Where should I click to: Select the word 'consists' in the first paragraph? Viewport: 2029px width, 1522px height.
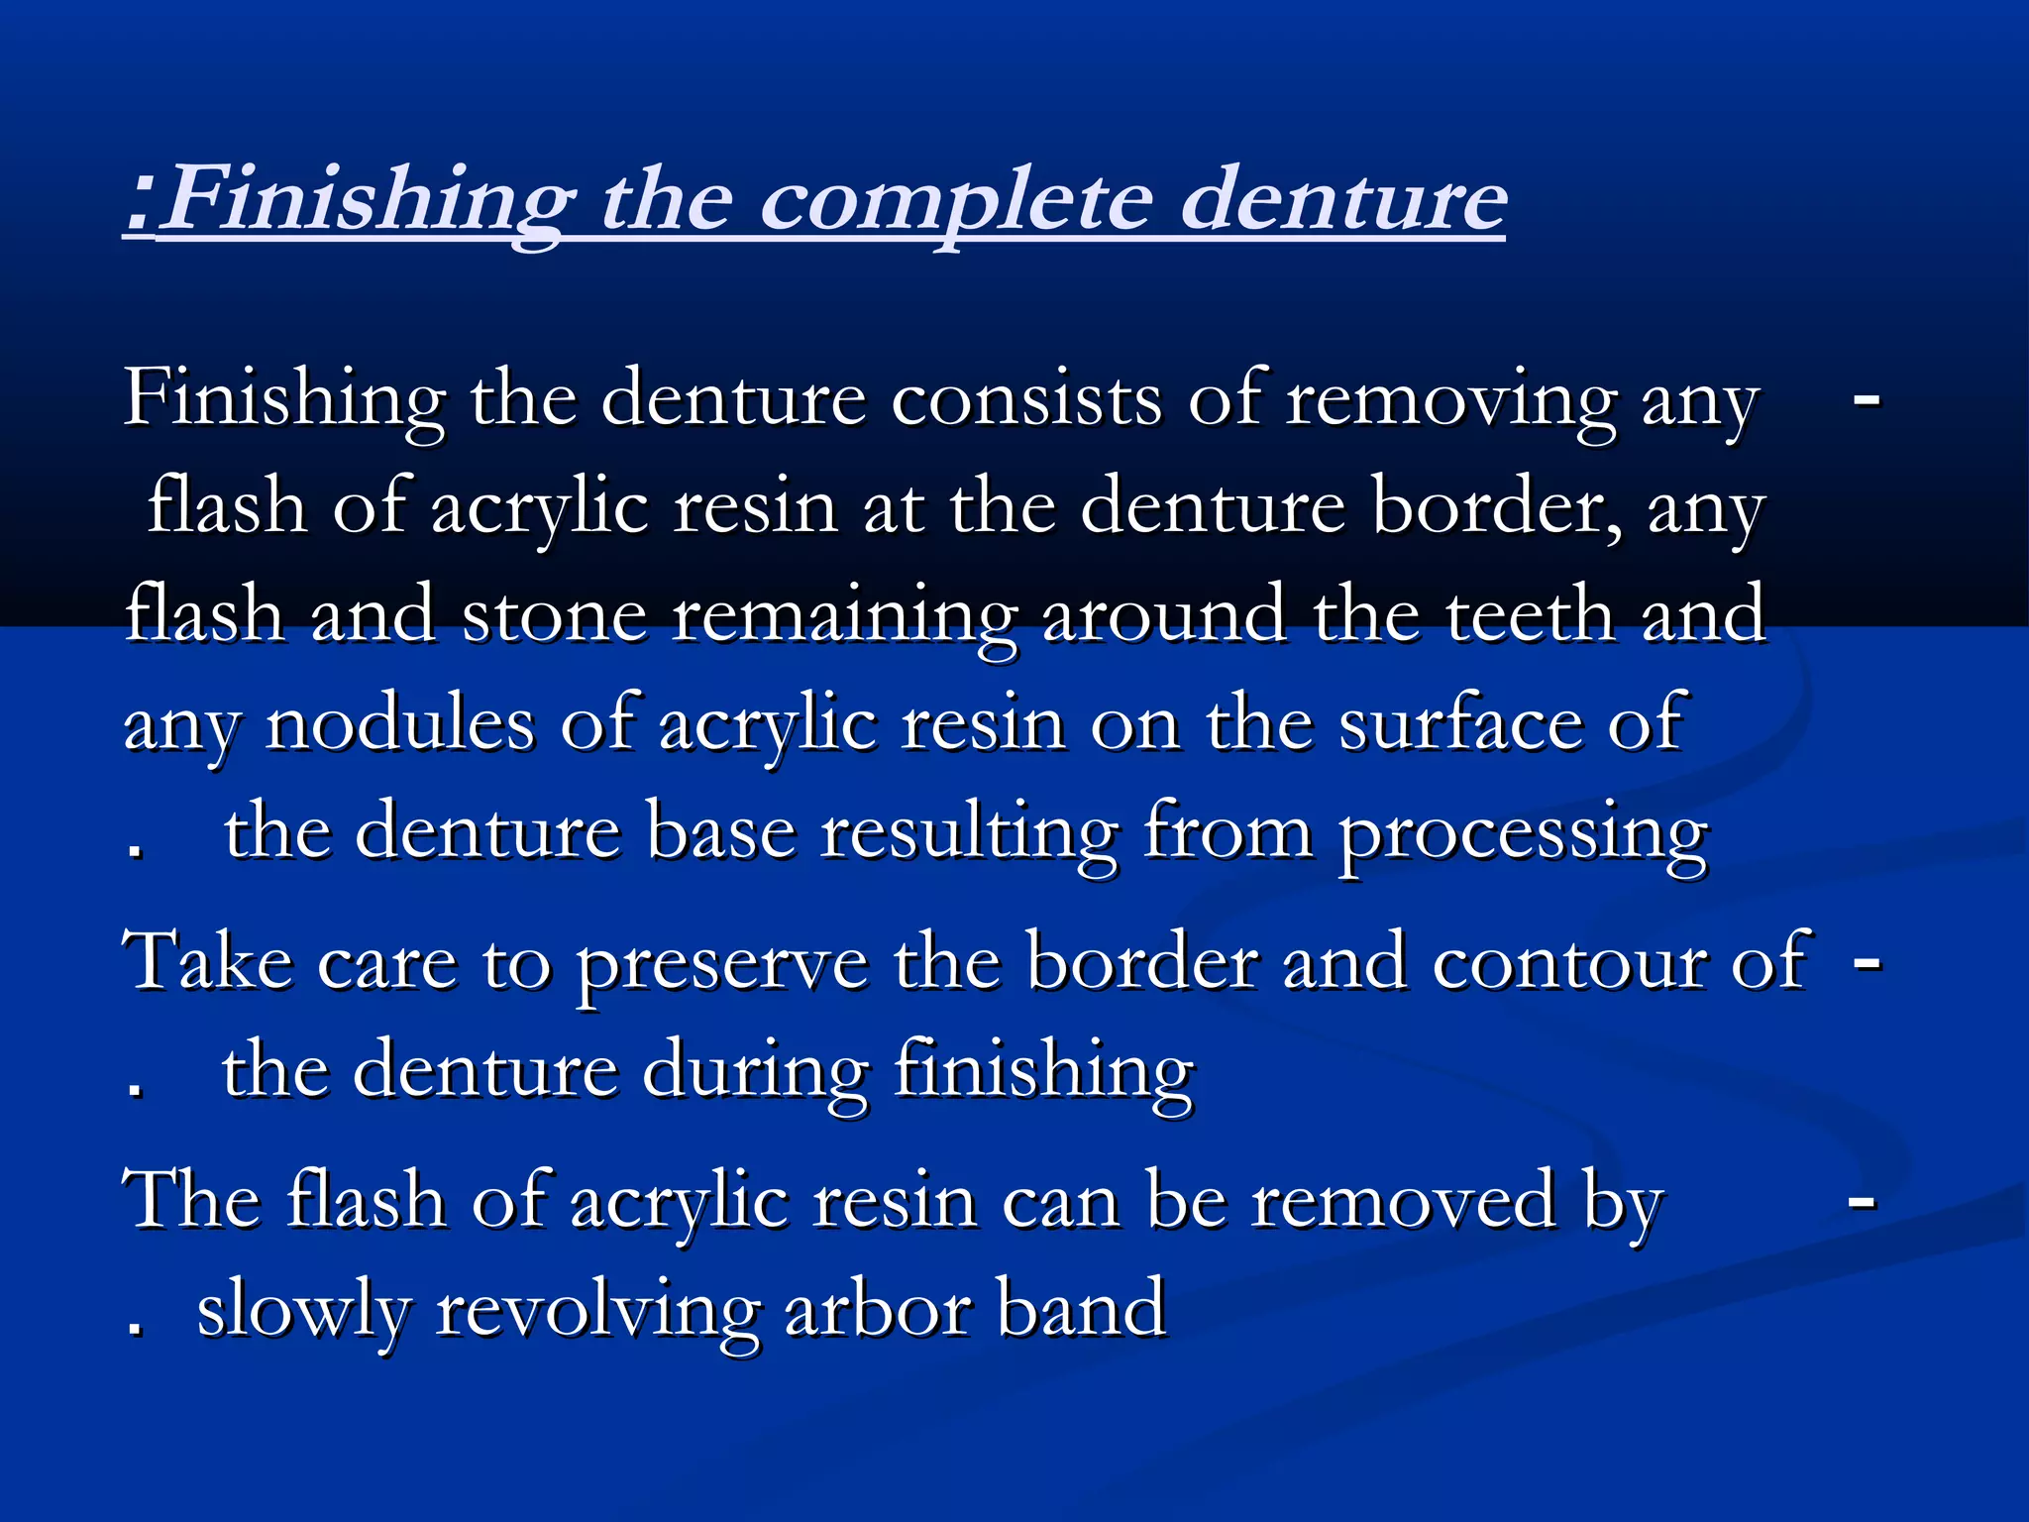click(1025, 399)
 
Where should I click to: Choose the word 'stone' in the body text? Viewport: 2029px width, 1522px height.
click(554, 615)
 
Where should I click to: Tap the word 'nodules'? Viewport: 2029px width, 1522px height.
click(400, 724)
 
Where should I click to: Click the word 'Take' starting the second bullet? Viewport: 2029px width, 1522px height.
click(207, 961)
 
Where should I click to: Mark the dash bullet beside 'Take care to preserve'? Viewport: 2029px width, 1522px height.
click(1867, 961)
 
